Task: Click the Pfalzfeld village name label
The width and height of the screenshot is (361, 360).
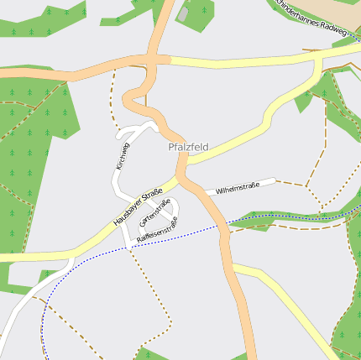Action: (x=187, y=147)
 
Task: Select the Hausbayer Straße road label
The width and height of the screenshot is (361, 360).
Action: (x=138, y=207)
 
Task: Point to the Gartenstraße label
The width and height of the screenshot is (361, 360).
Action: (x=155, y=211)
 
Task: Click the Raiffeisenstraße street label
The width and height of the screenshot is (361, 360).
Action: (x=157, y=230)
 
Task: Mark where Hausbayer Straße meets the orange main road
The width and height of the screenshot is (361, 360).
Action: (x=179, y=178)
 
